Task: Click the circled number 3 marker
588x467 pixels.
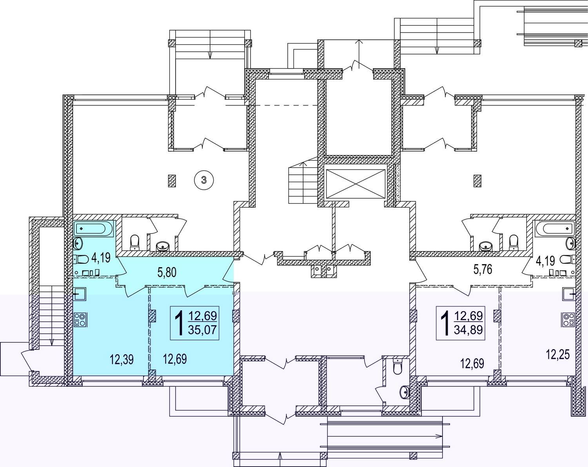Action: click(x=203, y=180)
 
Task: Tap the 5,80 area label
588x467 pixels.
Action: click(x=167, y=272)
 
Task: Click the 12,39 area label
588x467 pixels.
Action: click(x=122, y=359)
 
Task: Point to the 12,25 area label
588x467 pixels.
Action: click(x=558, y=355)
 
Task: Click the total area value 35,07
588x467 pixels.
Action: click(x=202, y=329)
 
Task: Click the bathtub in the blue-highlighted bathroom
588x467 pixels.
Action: click(x=93, y=228)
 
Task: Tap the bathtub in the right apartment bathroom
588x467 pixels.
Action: click(x=555, y=228)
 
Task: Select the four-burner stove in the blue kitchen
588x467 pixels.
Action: click(x=80, y=320)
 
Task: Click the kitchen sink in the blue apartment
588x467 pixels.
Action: click(x=80, y=294)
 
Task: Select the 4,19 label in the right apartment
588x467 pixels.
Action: click(x=546, y=261)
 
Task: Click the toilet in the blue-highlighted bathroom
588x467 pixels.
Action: click(x=81, y=259)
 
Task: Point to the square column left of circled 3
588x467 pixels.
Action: click(x=172, y=181)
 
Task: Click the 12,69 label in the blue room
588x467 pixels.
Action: click(x=175, y=359)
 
